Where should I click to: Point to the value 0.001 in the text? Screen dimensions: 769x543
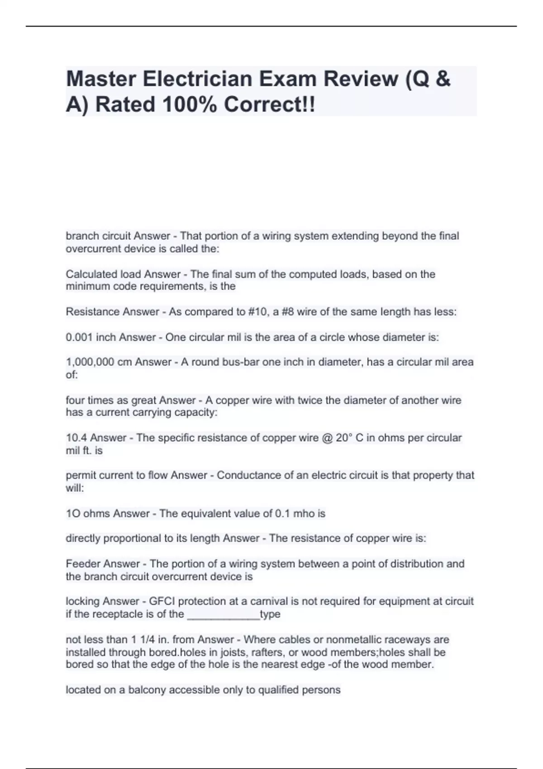[79, 337]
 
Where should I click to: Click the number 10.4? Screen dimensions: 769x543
[76, 438]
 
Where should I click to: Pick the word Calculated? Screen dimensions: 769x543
[91, 275]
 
